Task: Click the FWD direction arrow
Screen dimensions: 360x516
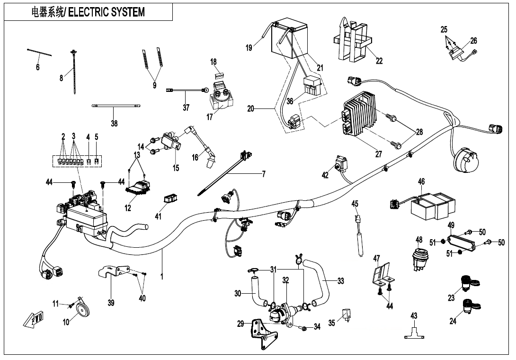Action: (x=32, y=320)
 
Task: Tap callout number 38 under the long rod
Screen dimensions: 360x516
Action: (x=114, y=124)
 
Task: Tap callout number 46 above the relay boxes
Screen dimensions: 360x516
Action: (x=421, y=181)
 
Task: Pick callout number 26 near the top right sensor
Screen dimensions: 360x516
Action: (x=473, y=41)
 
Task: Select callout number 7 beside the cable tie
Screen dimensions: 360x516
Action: (x=264, y=174)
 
